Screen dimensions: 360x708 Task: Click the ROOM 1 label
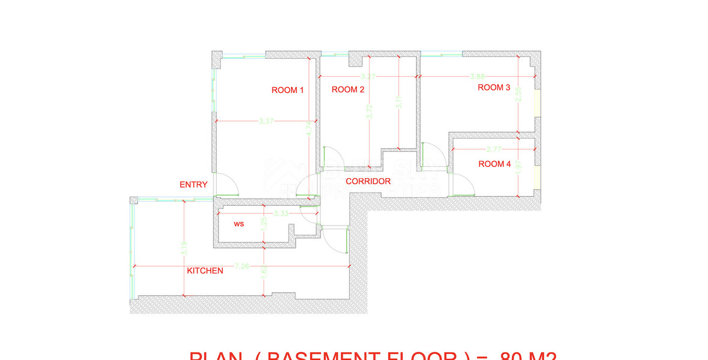288,91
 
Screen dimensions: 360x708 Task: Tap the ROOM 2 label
348,90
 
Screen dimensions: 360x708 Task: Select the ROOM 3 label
494,88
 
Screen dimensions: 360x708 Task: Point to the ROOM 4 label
494,164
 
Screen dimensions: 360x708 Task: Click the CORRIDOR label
368,181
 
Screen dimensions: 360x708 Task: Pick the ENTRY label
194,185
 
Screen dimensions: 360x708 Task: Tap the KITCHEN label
205,271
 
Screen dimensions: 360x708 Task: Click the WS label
239,224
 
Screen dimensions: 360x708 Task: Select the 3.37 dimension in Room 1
266,121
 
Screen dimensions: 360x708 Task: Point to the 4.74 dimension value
308,128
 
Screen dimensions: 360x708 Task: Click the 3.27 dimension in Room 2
368,77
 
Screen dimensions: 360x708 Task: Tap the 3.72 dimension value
368,111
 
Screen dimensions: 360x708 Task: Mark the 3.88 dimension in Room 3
478,77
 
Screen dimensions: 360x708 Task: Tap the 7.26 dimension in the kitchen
242,266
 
